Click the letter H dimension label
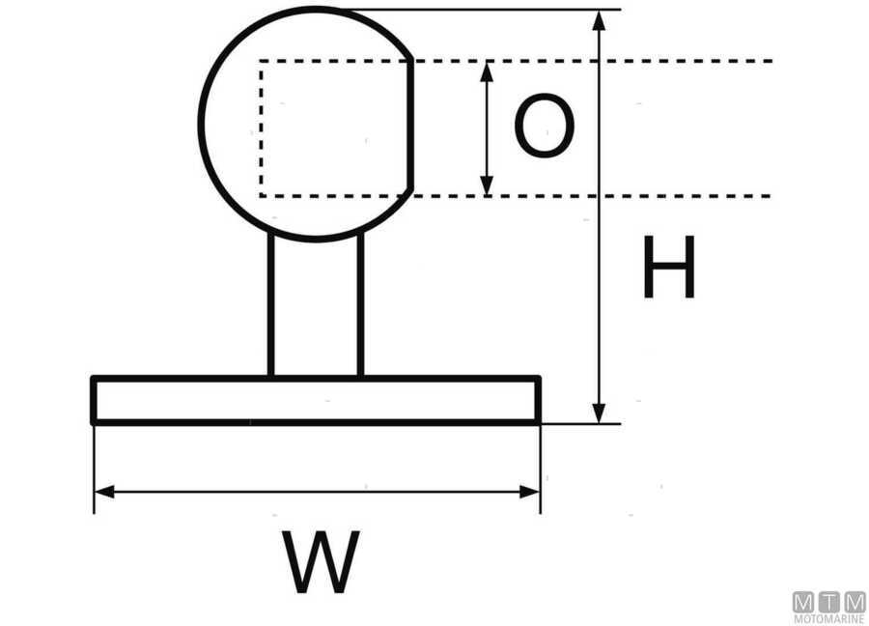[x=669, y=269]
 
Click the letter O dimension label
[x=544, y=127]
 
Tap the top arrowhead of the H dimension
[x=600, y=21]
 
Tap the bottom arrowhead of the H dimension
[x=600, y=413]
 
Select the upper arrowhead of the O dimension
[x=488, y=71]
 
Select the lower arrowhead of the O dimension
[x=488, y=185]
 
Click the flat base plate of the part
[x=316, y=401]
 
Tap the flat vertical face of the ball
[x=413, y=126]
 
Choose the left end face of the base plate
[x=94, y=400]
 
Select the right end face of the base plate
[x=538, y=400]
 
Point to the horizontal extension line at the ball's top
[x=483, y=10]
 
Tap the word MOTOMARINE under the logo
[x=829, y=619]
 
